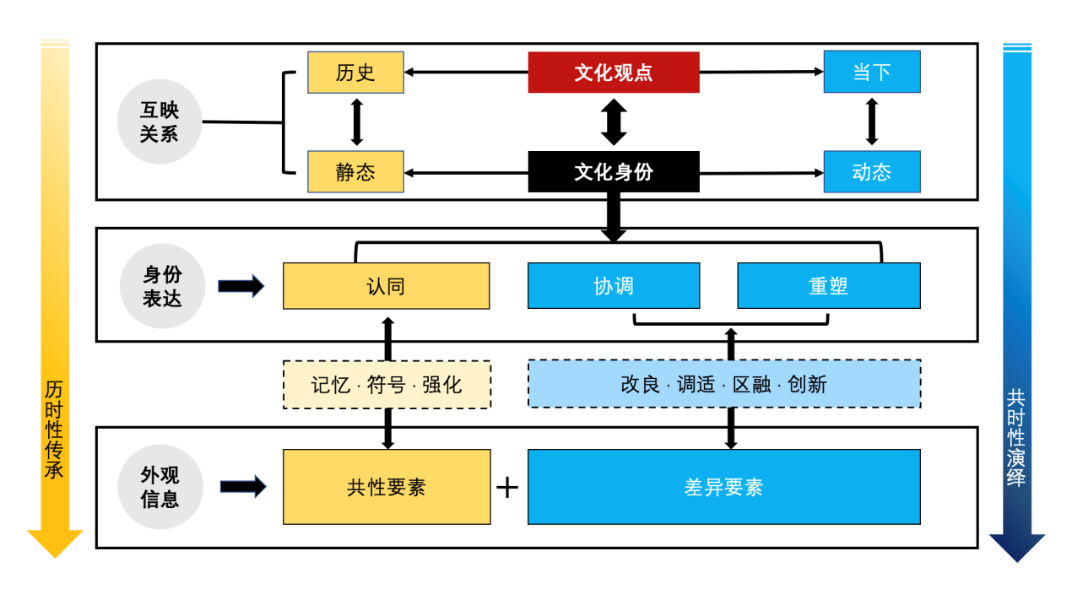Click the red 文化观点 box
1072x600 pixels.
pos(614,73)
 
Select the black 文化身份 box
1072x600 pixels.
pos(614,172)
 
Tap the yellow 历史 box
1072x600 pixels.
pos(355,73)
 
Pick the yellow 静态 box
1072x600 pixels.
pos(355,172)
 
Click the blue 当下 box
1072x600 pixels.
pos(872,72)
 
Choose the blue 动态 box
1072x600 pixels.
pos(872,172)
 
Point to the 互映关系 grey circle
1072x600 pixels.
pos(160,122)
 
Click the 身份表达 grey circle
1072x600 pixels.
pos(162,286)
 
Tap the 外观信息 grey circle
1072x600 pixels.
pos(160,487)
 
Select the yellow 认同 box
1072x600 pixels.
pos(386,286)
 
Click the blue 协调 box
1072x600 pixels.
pos(614,286)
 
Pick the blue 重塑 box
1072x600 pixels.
pos(828,286)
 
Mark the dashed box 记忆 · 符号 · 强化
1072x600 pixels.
pos(387,385)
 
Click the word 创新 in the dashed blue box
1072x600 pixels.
pos(807,385)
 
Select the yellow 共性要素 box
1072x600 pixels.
pos(387,487)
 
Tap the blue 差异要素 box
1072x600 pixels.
pos(723,487)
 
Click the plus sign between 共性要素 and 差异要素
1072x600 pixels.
pos(506,487)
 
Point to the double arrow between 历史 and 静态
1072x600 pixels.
pos(356,122)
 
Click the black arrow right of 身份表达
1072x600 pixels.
pos(241,286)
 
